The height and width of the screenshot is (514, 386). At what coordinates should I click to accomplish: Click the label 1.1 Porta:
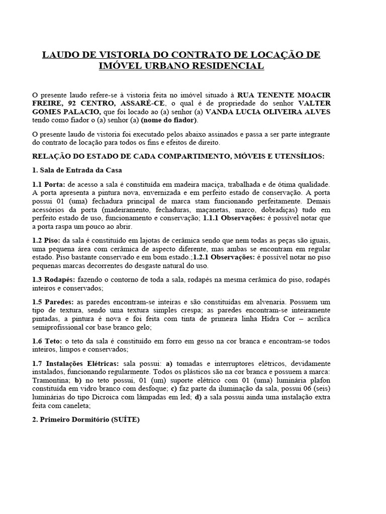(48, 184)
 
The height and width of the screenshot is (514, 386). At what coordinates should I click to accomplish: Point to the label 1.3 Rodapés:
(54, 280)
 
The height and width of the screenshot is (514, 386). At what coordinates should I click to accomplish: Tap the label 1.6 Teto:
(48, 341)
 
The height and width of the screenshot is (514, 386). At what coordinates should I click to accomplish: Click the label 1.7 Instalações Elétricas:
(76, 363)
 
